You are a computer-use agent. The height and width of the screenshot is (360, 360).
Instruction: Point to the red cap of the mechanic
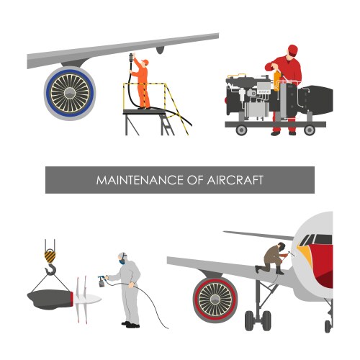coord(292,49)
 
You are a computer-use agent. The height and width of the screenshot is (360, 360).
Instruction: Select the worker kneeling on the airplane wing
coord(274,258)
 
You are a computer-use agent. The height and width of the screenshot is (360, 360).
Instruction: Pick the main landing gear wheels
coord(257,319)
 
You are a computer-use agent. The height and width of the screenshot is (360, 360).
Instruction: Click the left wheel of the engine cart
coord(238,130)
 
